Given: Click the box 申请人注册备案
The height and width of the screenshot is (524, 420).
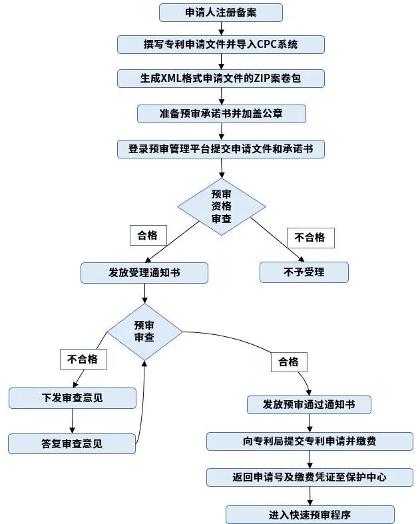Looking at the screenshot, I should click(x=221, y=12).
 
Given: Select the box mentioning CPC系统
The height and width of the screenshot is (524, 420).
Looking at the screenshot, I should click(x=221, y=45).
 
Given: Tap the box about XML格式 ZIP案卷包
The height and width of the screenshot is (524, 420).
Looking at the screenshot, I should click(x=221, y=78).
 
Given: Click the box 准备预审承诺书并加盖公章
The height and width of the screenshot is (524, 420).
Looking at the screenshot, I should click(x=221, y=113).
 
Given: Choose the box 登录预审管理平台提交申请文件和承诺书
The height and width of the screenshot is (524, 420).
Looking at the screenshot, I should click(x=221, y=148).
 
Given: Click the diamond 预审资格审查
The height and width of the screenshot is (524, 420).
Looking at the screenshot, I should click(x=221, y=206).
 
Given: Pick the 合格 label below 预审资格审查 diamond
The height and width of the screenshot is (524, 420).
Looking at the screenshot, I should click(x=148, y=235).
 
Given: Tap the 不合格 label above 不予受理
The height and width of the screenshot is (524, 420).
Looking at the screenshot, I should click(x=310, y=238).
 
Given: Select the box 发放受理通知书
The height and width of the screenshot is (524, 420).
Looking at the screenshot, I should click(x=144, y=272).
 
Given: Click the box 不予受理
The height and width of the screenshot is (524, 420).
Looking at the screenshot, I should click(x=304, y=272).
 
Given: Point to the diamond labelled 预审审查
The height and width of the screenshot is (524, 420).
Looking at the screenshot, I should click(x=144, y=332).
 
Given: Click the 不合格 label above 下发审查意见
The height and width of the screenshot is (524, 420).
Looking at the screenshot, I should click(x=83, y=359).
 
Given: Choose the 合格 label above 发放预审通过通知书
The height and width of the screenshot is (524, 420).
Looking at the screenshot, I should click(x=288, y=362).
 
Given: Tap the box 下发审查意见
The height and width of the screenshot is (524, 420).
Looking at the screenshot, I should click(x=72, y=398).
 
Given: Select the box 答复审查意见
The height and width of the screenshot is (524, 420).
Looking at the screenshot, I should click(x=72, y=443).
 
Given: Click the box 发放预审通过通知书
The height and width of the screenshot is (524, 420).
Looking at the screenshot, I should click(x=308, y=404).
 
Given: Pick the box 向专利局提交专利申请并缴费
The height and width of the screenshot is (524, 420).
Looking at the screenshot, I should click(x=310, y=441).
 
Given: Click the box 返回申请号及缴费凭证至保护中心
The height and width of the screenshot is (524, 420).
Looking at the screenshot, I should click(x=310, y=477).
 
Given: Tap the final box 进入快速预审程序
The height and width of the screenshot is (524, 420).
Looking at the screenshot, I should click(x=310, y=514).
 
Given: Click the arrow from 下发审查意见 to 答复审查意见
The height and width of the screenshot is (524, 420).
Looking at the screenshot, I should click(x=72, y=421).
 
